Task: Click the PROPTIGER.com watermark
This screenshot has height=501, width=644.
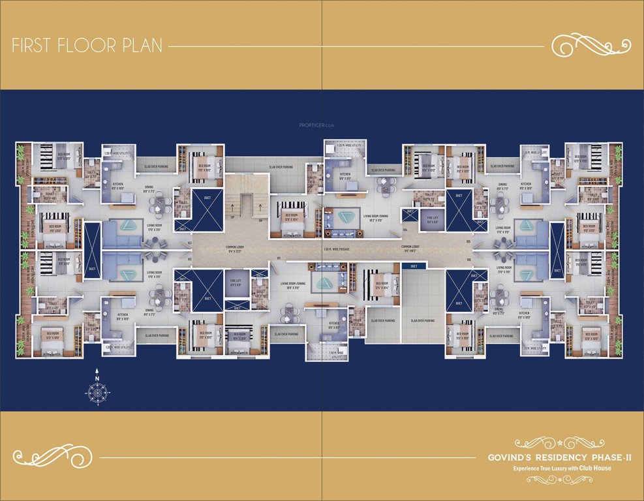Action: click(x=316, y=125)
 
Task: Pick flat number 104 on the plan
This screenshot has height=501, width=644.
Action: click(x=405, y=230)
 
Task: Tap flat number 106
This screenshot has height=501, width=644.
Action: click(x=468, y=260)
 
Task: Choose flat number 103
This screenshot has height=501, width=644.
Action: click(x=189, y=242)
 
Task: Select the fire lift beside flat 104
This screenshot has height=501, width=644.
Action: click(x=432, y=220)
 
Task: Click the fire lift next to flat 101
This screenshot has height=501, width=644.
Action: click(x=236, y=284)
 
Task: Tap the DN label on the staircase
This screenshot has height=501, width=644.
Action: click(x=260, y=220)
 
